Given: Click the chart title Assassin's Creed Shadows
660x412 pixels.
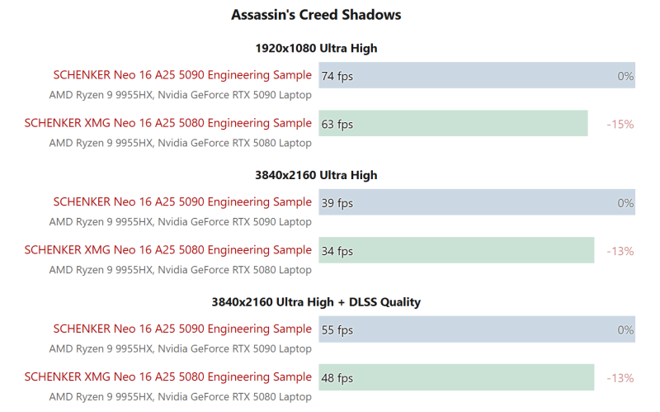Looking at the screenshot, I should point(316,15).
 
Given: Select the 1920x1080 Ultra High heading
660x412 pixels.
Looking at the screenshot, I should point(316,48).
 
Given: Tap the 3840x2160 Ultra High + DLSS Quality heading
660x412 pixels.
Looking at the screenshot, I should point(316,302).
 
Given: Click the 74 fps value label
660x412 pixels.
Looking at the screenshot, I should point(337,76).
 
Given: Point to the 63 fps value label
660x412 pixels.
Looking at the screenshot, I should point(337,124).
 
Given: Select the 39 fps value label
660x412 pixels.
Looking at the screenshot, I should point(337,203).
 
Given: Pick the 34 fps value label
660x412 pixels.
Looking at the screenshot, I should point(337,251).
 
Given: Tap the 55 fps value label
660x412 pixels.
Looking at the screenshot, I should point(337,330).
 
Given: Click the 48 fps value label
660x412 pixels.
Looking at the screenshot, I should point(337,378).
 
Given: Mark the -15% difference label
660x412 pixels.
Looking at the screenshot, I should point(620,124).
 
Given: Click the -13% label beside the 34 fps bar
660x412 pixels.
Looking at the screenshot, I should point(620,251).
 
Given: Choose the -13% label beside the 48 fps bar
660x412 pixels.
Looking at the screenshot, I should point(620,378).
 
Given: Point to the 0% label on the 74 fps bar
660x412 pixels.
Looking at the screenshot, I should point(625,76).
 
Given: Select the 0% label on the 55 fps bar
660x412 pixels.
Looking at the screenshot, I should point(625,330).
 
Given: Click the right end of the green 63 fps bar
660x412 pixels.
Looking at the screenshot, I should point(586,124).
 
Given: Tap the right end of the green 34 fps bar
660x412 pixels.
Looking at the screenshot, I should point(592,251).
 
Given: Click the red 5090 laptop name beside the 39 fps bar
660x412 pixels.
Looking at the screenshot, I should point(182,202).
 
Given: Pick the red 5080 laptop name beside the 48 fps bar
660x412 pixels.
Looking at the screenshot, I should point(168,377).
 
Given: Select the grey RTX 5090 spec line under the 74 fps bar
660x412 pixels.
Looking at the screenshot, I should point(180,95).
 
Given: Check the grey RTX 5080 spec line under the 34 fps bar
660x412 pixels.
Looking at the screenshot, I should point(180,270).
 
